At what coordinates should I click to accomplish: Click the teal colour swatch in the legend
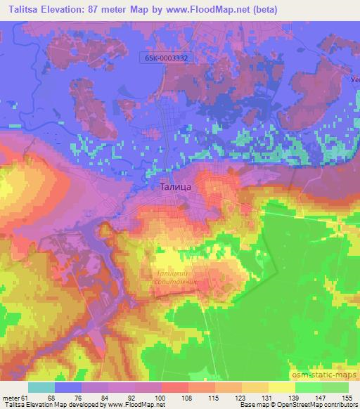click(41, 387)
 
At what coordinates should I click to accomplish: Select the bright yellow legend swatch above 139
click(282, 387)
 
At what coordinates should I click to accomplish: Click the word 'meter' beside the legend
click(11, 398)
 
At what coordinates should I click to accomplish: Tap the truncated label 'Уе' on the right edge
click(354, 80)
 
